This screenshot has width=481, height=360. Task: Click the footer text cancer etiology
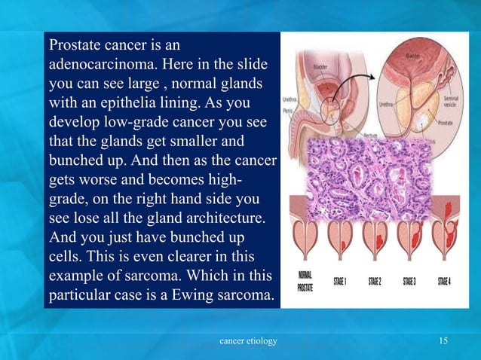coord(247,342)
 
